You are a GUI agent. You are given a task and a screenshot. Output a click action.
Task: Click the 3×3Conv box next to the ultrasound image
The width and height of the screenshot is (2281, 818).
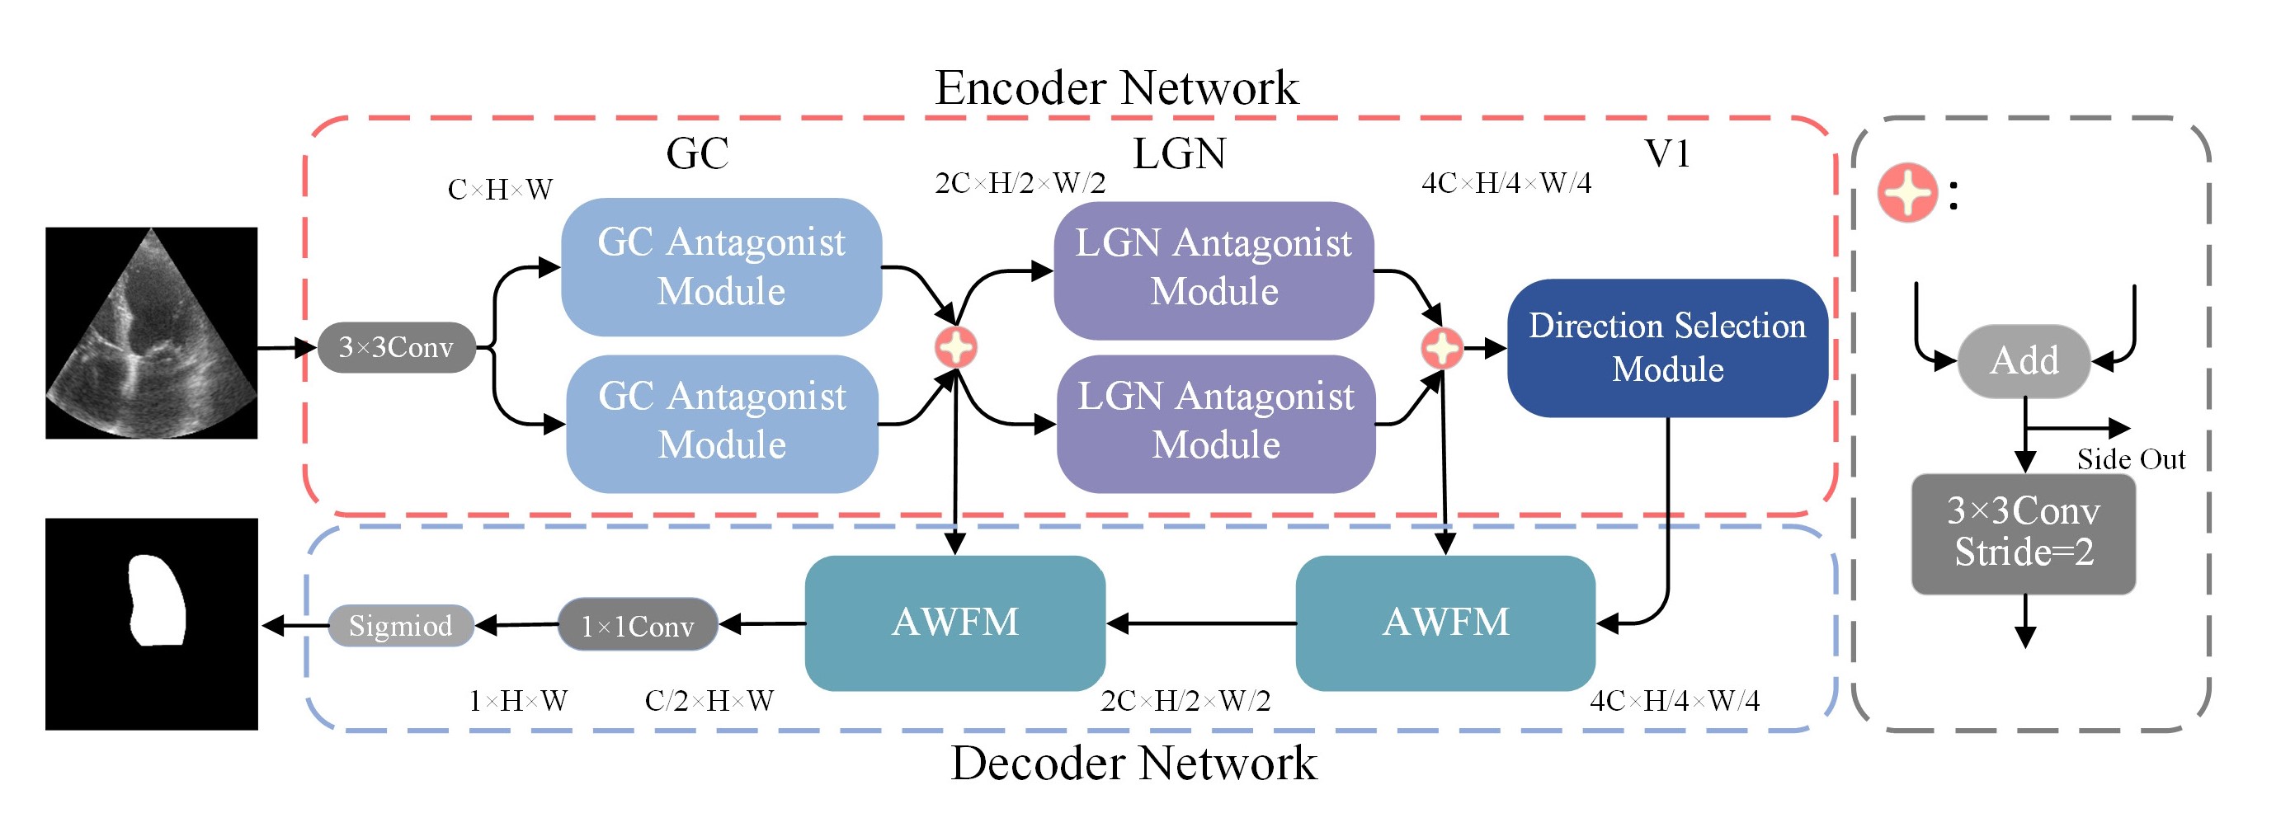point(396,347)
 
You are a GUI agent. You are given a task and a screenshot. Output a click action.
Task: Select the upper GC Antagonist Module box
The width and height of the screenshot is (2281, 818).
point(721,266)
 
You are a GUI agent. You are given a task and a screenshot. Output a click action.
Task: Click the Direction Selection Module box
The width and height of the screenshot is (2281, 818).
point(1666,348)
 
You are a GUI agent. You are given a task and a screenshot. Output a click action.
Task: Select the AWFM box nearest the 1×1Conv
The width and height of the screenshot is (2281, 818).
point(954,623)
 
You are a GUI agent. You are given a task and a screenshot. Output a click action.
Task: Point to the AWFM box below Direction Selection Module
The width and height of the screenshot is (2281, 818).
point(1445,623)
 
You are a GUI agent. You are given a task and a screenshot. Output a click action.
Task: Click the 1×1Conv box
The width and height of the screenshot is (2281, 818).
point(638,625)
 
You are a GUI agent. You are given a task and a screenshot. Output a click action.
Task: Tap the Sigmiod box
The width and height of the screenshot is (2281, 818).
point(400,625)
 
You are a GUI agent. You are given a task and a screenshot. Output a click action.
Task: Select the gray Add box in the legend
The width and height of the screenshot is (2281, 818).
point(2024,361)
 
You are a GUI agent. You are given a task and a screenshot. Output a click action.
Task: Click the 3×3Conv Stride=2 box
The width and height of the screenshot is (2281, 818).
point(2024,533)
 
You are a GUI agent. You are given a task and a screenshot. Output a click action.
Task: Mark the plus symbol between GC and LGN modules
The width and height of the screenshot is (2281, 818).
point(955,347)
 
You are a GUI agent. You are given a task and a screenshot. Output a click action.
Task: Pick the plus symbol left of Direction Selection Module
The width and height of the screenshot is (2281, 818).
point(1441,348)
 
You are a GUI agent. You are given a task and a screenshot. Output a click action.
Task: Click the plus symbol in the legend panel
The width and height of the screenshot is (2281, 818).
point(1907,192)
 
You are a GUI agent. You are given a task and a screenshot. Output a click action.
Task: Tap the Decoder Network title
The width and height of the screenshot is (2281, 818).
point(1133,763)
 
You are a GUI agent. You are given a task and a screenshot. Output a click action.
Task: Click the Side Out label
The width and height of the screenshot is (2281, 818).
point(2131,459)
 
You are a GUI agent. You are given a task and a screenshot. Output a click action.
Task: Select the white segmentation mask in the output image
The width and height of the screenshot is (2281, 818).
point(157,600)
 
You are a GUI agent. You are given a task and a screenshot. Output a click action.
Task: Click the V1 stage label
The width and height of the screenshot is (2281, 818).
point(1666,153)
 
